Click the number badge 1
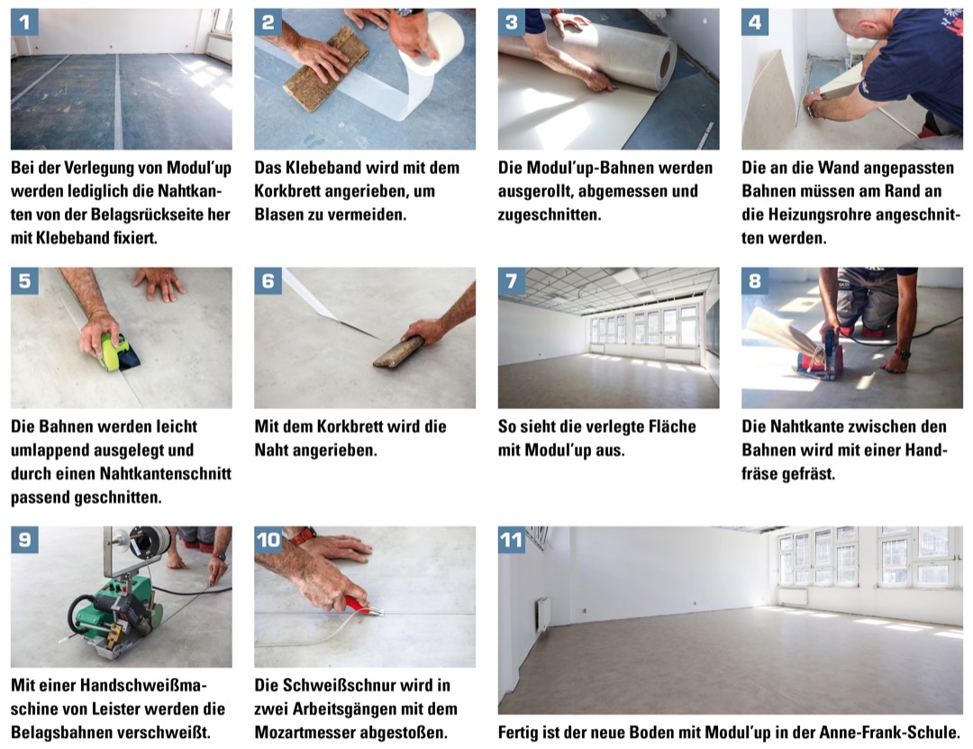24,23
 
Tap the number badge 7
512,280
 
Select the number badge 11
512,540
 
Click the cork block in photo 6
398,352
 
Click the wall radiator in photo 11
543,614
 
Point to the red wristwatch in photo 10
303,534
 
